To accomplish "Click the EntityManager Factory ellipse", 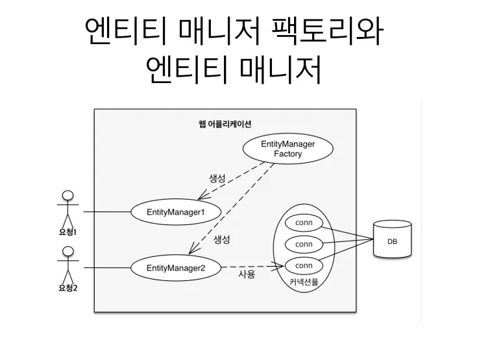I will [287, 149].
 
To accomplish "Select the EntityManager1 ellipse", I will [175, 212].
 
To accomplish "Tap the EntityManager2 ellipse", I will [175, 267].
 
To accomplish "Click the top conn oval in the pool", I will [304, 223].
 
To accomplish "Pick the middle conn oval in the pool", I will [304, 245].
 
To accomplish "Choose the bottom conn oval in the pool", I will [304, 265].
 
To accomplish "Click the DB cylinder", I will [392, 241].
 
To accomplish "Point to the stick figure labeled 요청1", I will [67, 208].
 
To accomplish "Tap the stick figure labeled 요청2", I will [67, 263].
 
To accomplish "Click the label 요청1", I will [67, 232].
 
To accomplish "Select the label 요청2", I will [67, 287].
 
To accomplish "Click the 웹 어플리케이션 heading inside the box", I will [225, 124].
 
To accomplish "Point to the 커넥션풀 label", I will [304, 283].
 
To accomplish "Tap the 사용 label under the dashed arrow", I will [247, 275].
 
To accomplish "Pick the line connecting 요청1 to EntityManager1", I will [107, 212].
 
